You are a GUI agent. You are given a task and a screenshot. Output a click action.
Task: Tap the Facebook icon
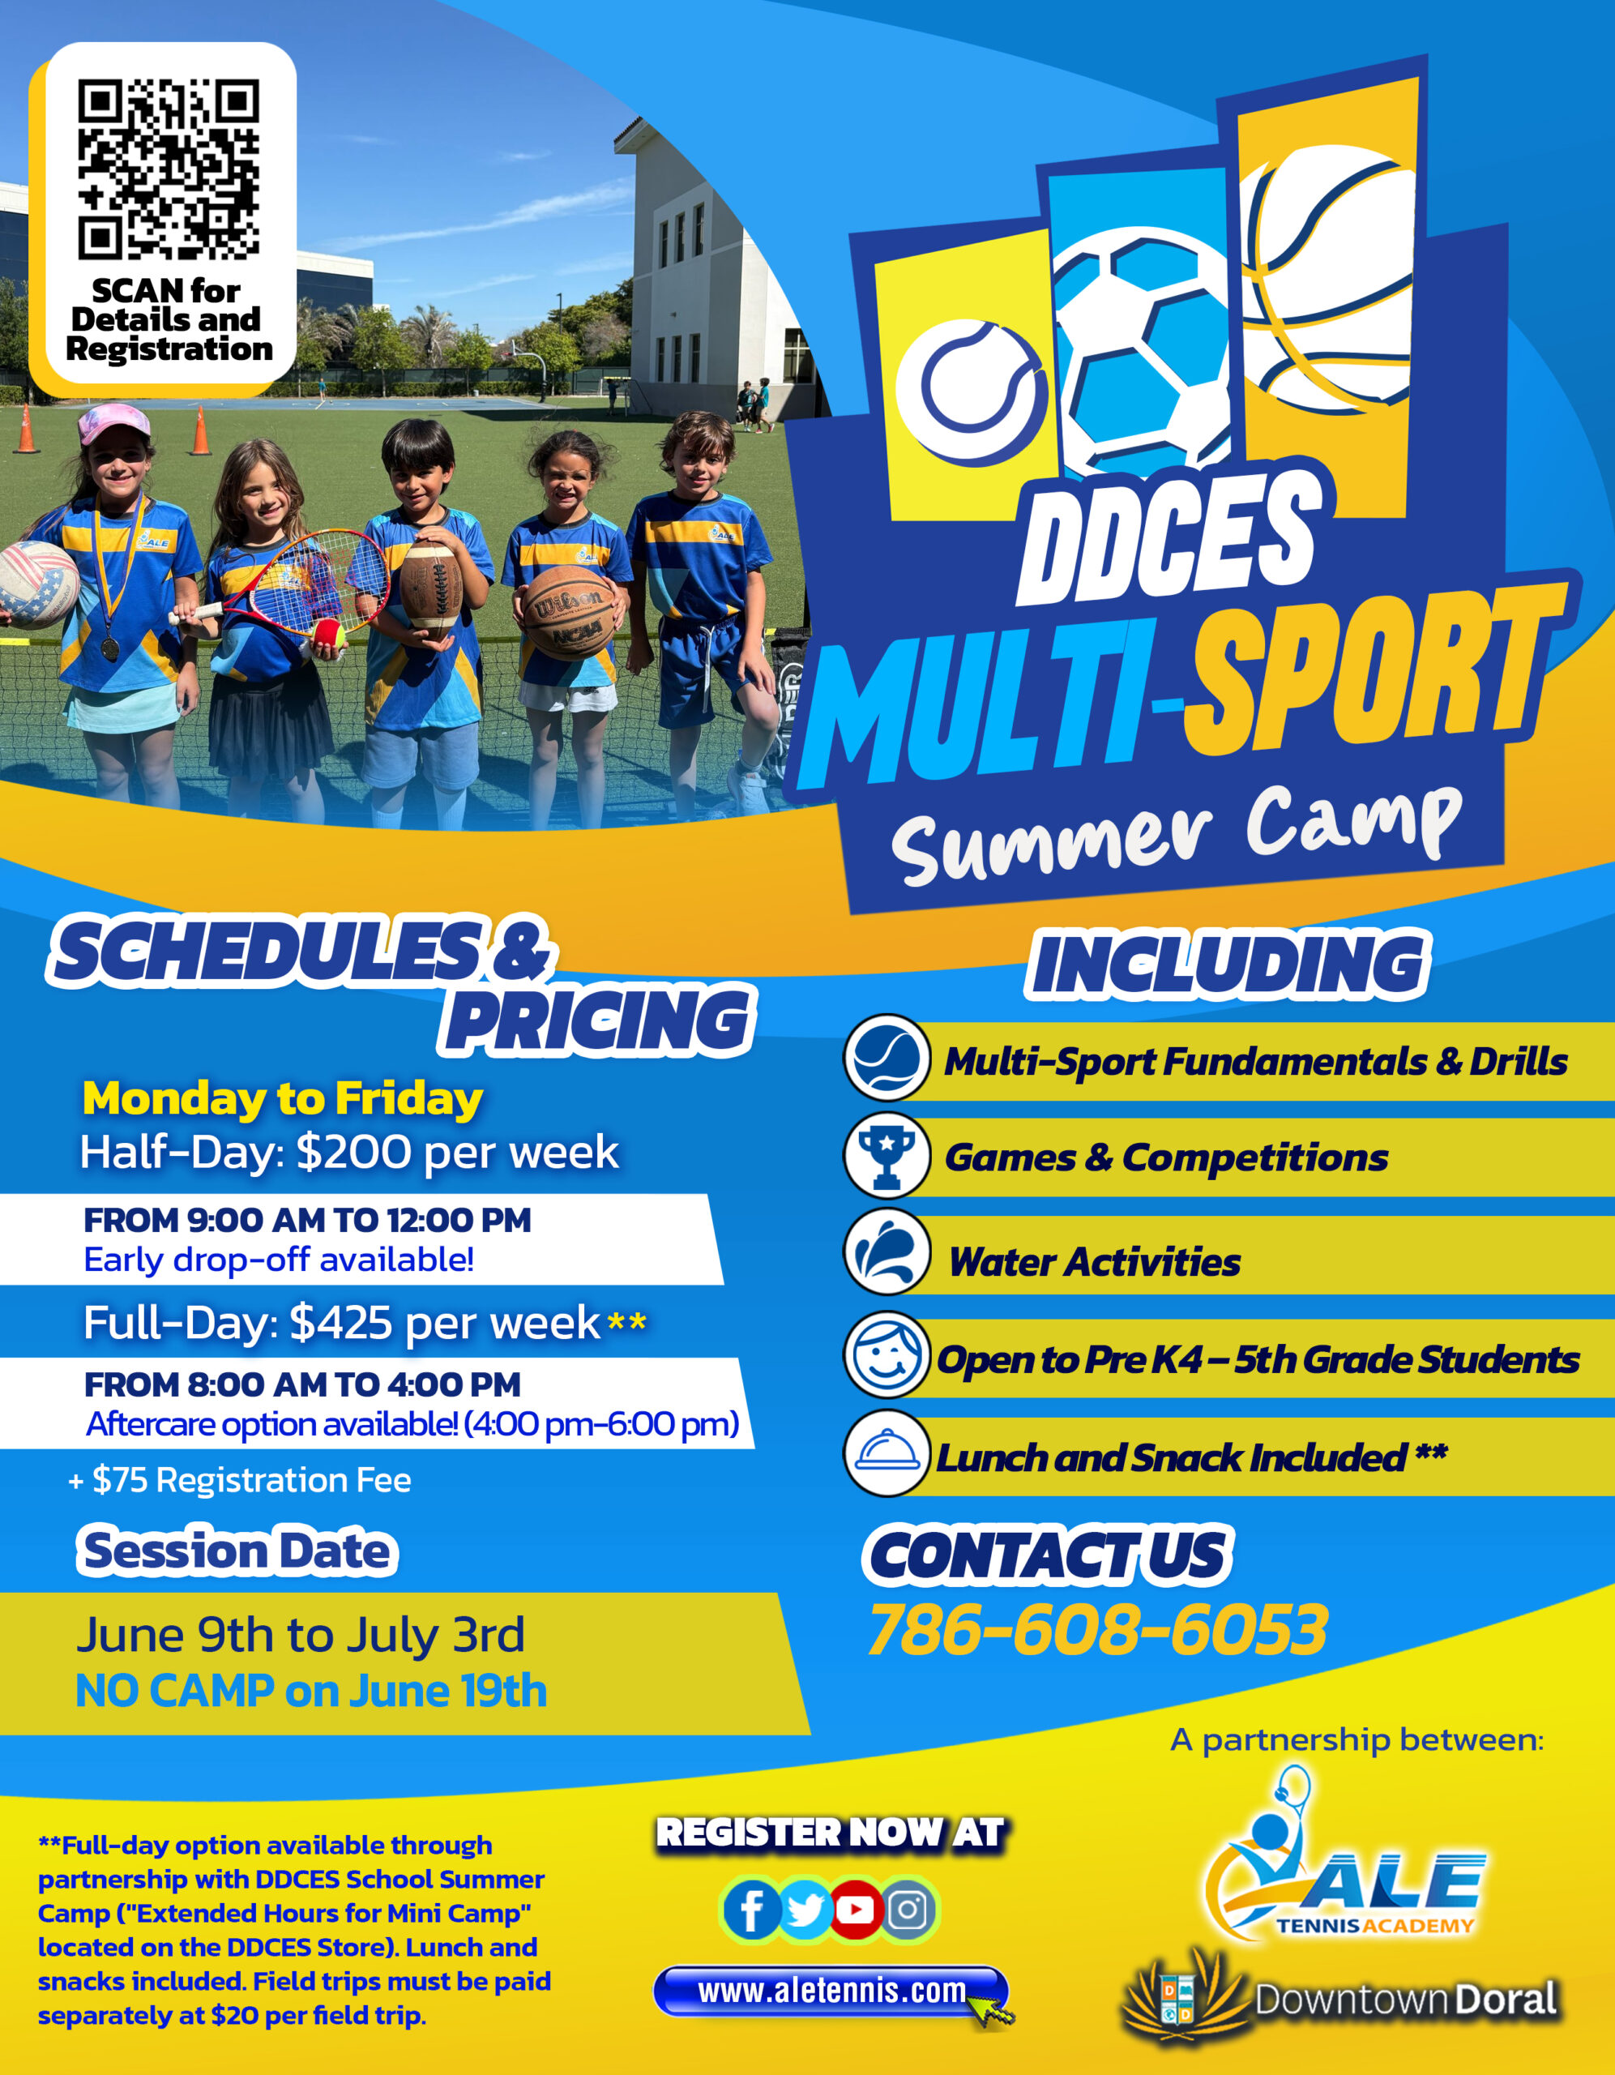[x=751, y=1910]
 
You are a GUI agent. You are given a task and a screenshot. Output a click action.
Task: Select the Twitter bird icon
[x=805, y=1910]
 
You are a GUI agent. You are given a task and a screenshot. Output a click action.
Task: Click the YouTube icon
[x=856, y=1910]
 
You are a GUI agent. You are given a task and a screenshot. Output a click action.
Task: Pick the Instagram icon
[x=908, y=1910]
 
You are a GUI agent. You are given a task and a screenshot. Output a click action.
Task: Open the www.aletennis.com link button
[x=831, y=1991]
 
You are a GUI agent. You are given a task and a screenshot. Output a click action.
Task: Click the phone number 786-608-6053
[x=1097, y=1628]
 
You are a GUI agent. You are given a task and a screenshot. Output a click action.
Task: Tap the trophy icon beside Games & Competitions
[x=887, y=1154]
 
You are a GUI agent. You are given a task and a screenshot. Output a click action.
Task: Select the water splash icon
[x=887, y=1251]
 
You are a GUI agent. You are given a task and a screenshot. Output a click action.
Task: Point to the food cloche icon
[x=887, y=1452]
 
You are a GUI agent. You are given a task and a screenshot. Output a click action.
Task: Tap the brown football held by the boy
[x=431, y=588]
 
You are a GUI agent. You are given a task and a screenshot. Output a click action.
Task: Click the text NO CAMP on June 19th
[x=312, y=1690]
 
